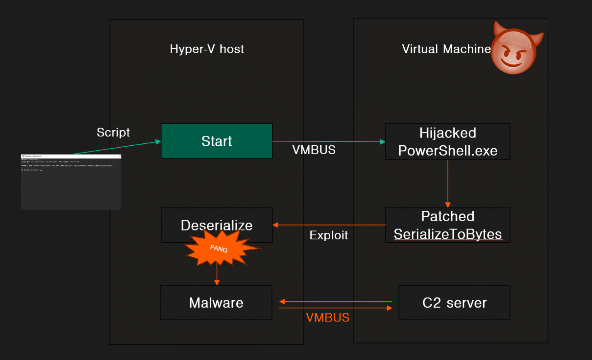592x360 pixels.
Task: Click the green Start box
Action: (217, 141)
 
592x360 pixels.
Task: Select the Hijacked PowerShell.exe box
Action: (447, 142)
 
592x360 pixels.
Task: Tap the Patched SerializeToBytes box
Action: (447, 225)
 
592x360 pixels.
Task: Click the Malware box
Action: (216, 303)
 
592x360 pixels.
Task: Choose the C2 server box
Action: (454, 303)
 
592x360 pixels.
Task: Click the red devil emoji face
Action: (515, 50)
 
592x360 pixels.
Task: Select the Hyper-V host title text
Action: (207, 49)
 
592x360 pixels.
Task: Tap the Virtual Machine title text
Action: (446, 49)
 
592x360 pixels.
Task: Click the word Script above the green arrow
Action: (113, 132)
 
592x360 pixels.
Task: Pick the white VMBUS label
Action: (314, 150)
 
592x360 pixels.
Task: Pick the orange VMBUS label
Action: (328, 318)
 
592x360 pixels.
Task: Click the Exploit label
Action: (328, 235)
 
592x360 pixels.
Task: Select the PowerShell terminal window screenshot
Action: (71, 182)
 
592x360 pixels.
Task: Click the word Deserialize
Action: (216, 225)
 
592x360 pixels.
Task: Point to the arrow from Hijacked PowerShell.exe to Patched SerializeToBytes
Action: (448, 183)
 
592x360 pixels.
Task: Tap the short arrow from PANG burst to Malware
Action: (217, 275)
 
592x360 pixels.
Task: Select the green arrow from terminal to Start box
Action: (116, 148)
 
